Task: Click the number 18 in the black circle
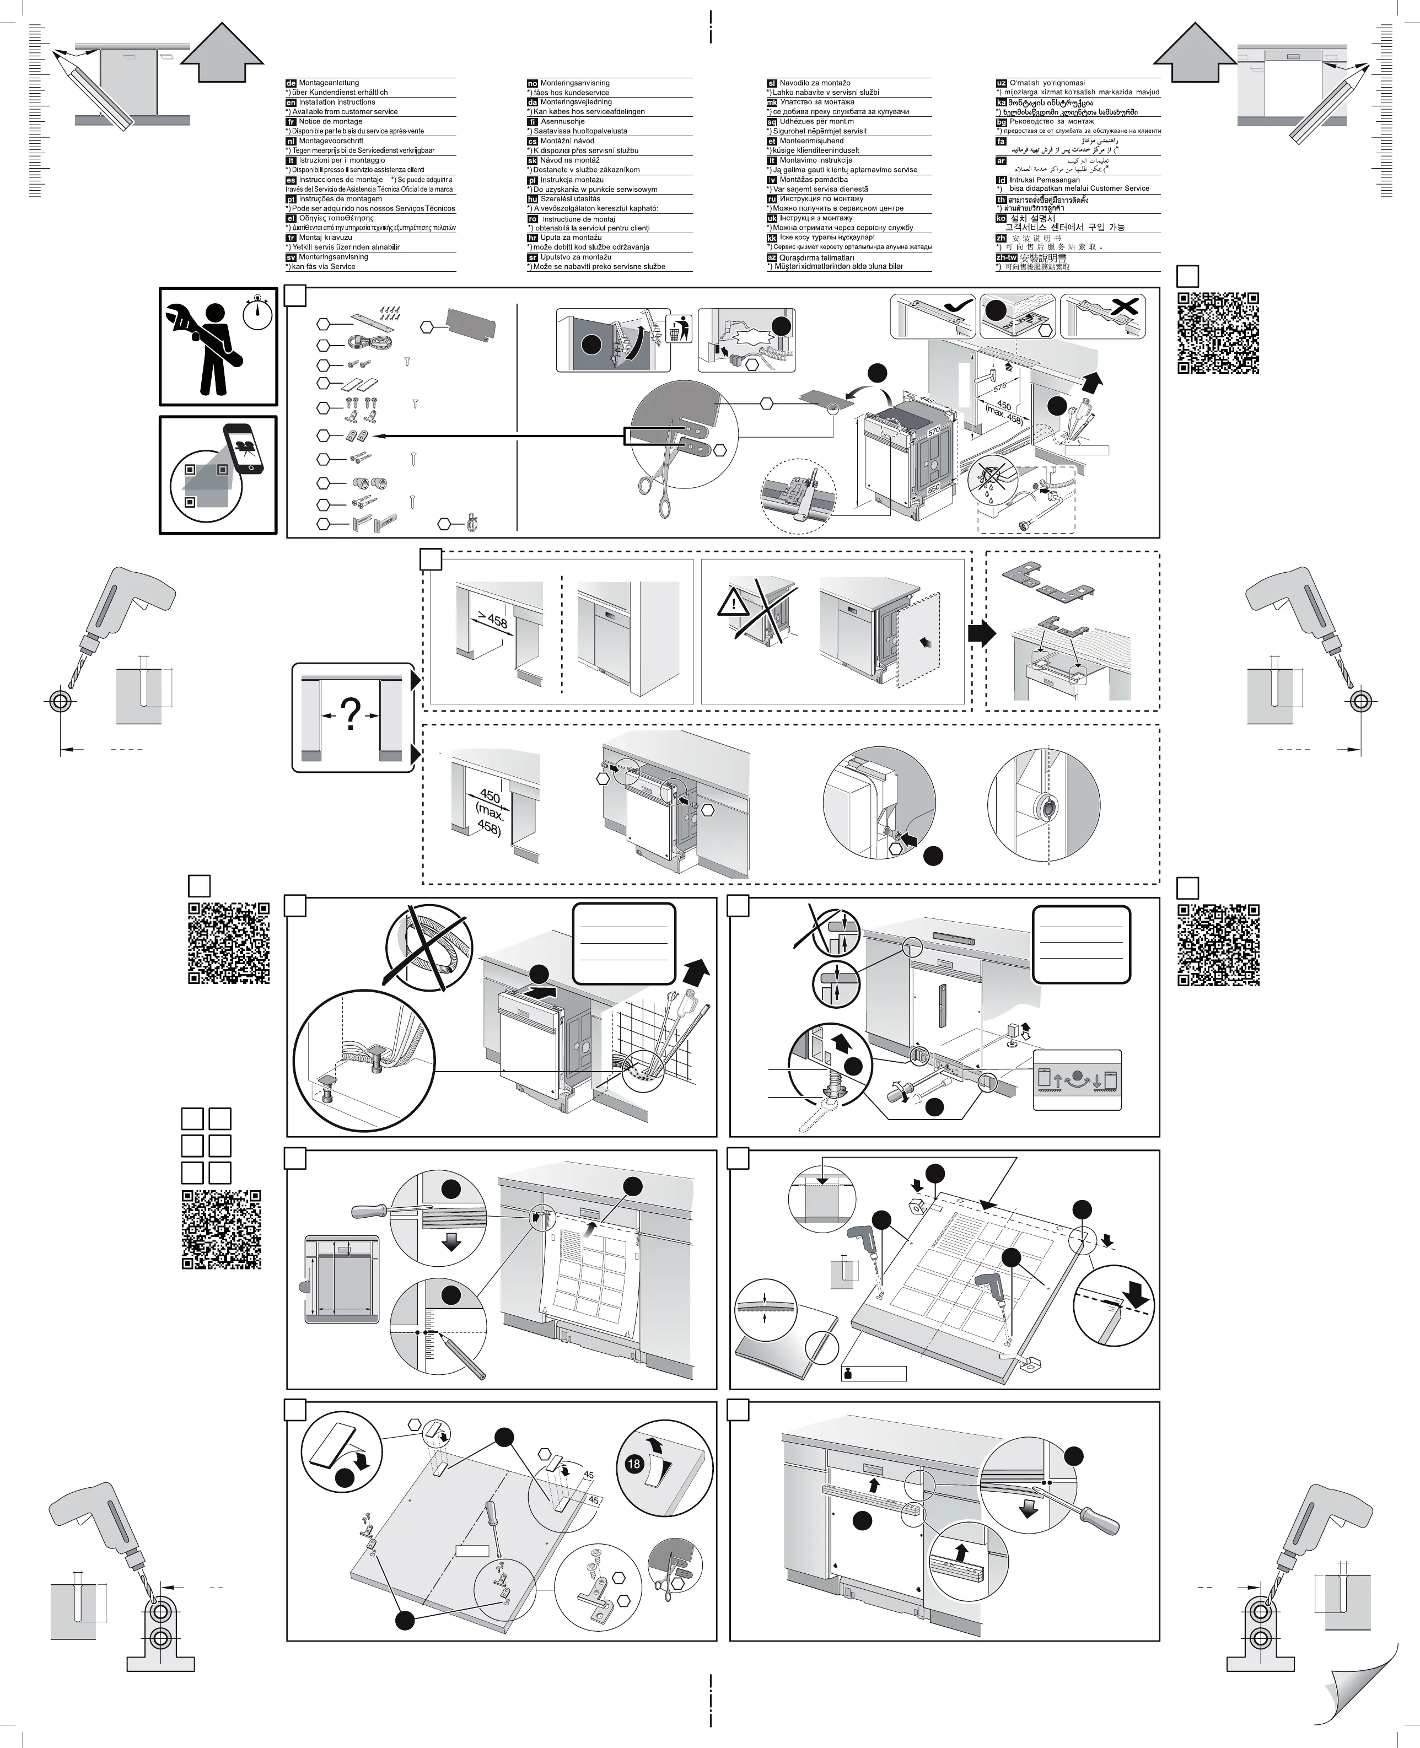pos(634,1464)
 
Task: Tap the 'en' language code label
pos(291,102)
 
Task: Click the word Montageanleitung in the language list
pos(329,83)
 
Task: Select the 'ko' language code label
pos(1001,218)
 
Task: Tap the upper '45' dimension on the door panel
pos(588,1475)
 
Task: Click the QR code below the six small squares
pos(221,1229)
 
